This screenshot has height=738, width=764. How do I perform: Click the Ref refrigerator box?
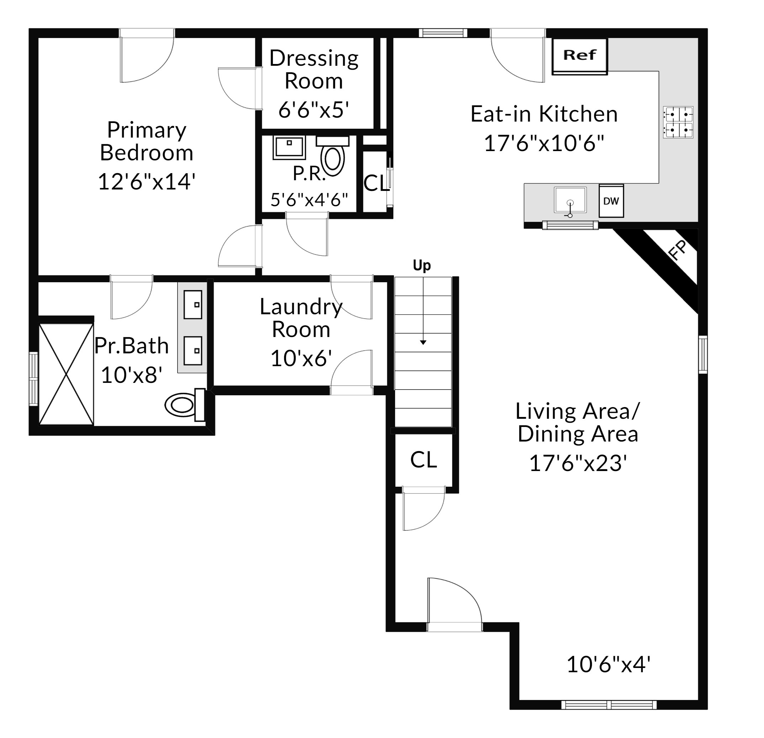(x=580, y=56)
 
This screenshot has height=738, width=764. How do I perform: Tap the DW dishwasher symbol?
(x=611, y=200)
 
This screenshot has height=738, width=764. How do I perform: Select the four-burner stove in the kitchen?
(x=678, y=122)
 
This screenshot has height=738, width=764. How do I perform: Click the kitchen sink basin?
(x=570, y=200)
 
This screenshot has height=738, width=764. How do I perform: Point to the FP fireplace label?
(x=678, y=250)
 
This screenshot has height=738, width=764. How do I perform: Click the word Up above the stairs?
(x=422, y=266)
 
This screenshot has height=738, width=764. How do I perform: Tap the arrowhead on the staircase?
(x=423, y=342)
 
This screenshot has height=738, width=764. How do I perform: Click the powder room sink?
(x=289, y=148)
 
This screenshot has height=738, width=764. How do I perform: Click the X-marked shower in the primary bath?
(x=66, y=374)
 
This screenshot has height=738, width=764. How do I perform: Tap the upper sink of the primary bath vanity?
(x=193, y=305)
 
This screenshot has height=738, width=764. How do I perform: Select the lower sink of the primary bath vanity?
(x=193, y=351)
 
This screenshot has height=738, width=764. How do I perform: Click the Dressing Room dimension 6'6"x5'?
(x=313, y=110)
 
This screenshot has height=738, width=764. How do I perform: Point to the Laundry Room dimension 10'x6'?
(x=301, y=358)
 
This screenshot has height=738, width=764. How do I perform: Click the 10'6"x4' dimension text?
(x=609, y=664)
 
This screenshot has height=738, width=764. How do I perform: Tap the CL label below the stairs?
(x=423, y=460)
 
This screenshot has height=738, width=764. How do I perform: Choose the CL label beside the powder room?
(x=376, y=183)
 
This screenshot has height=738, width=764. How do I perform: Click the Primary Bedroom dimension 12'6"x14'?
(x=147, y=182)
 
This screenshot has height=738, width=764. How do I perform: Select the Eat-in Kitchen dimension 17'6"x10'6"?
(x=544, y=143)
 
